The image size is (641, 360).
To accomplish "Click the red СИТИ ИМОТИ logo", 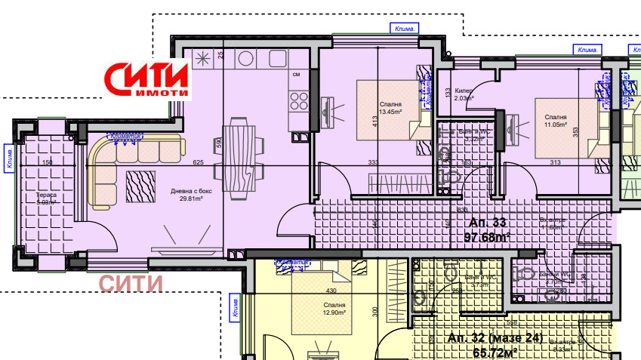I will [x=147, y=79].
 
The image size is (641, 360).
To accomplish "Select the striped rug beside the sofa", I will [x=142, y=186].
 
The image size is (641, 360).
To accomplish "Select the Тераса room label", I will [x=47, y=198].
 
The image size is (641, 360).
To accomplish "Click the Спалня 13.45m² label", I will [x=390, y=108].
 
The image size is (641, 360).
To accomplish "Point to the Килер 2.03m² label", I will [x=465, y=94].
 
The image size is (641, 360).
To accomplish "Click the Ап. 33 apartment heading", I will [x=488, y=223].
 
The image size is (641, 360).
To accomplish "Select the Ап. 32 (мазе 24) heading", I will [x=495, y=338].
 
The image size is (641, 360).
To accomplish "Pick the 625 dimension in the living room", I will [x=199, y=162].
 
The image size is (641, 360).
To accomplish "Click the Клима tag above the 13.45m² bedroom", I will [x=405, y=29].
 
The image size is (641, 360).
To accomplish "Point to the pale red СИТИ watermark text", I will [x=131, y=283].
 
